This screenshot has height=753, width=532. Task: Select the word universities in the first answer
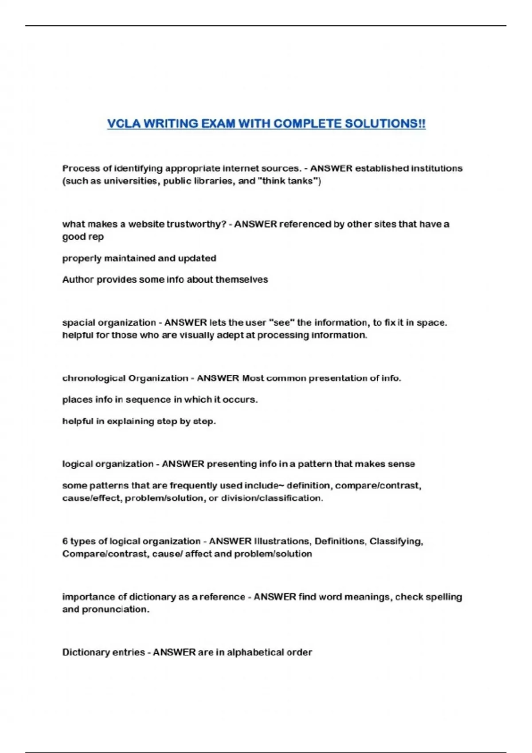point(130,181)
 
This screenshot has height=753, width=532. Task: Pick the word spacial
point(78,323)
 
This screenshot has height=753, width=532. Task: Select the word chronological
point(94,378)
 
